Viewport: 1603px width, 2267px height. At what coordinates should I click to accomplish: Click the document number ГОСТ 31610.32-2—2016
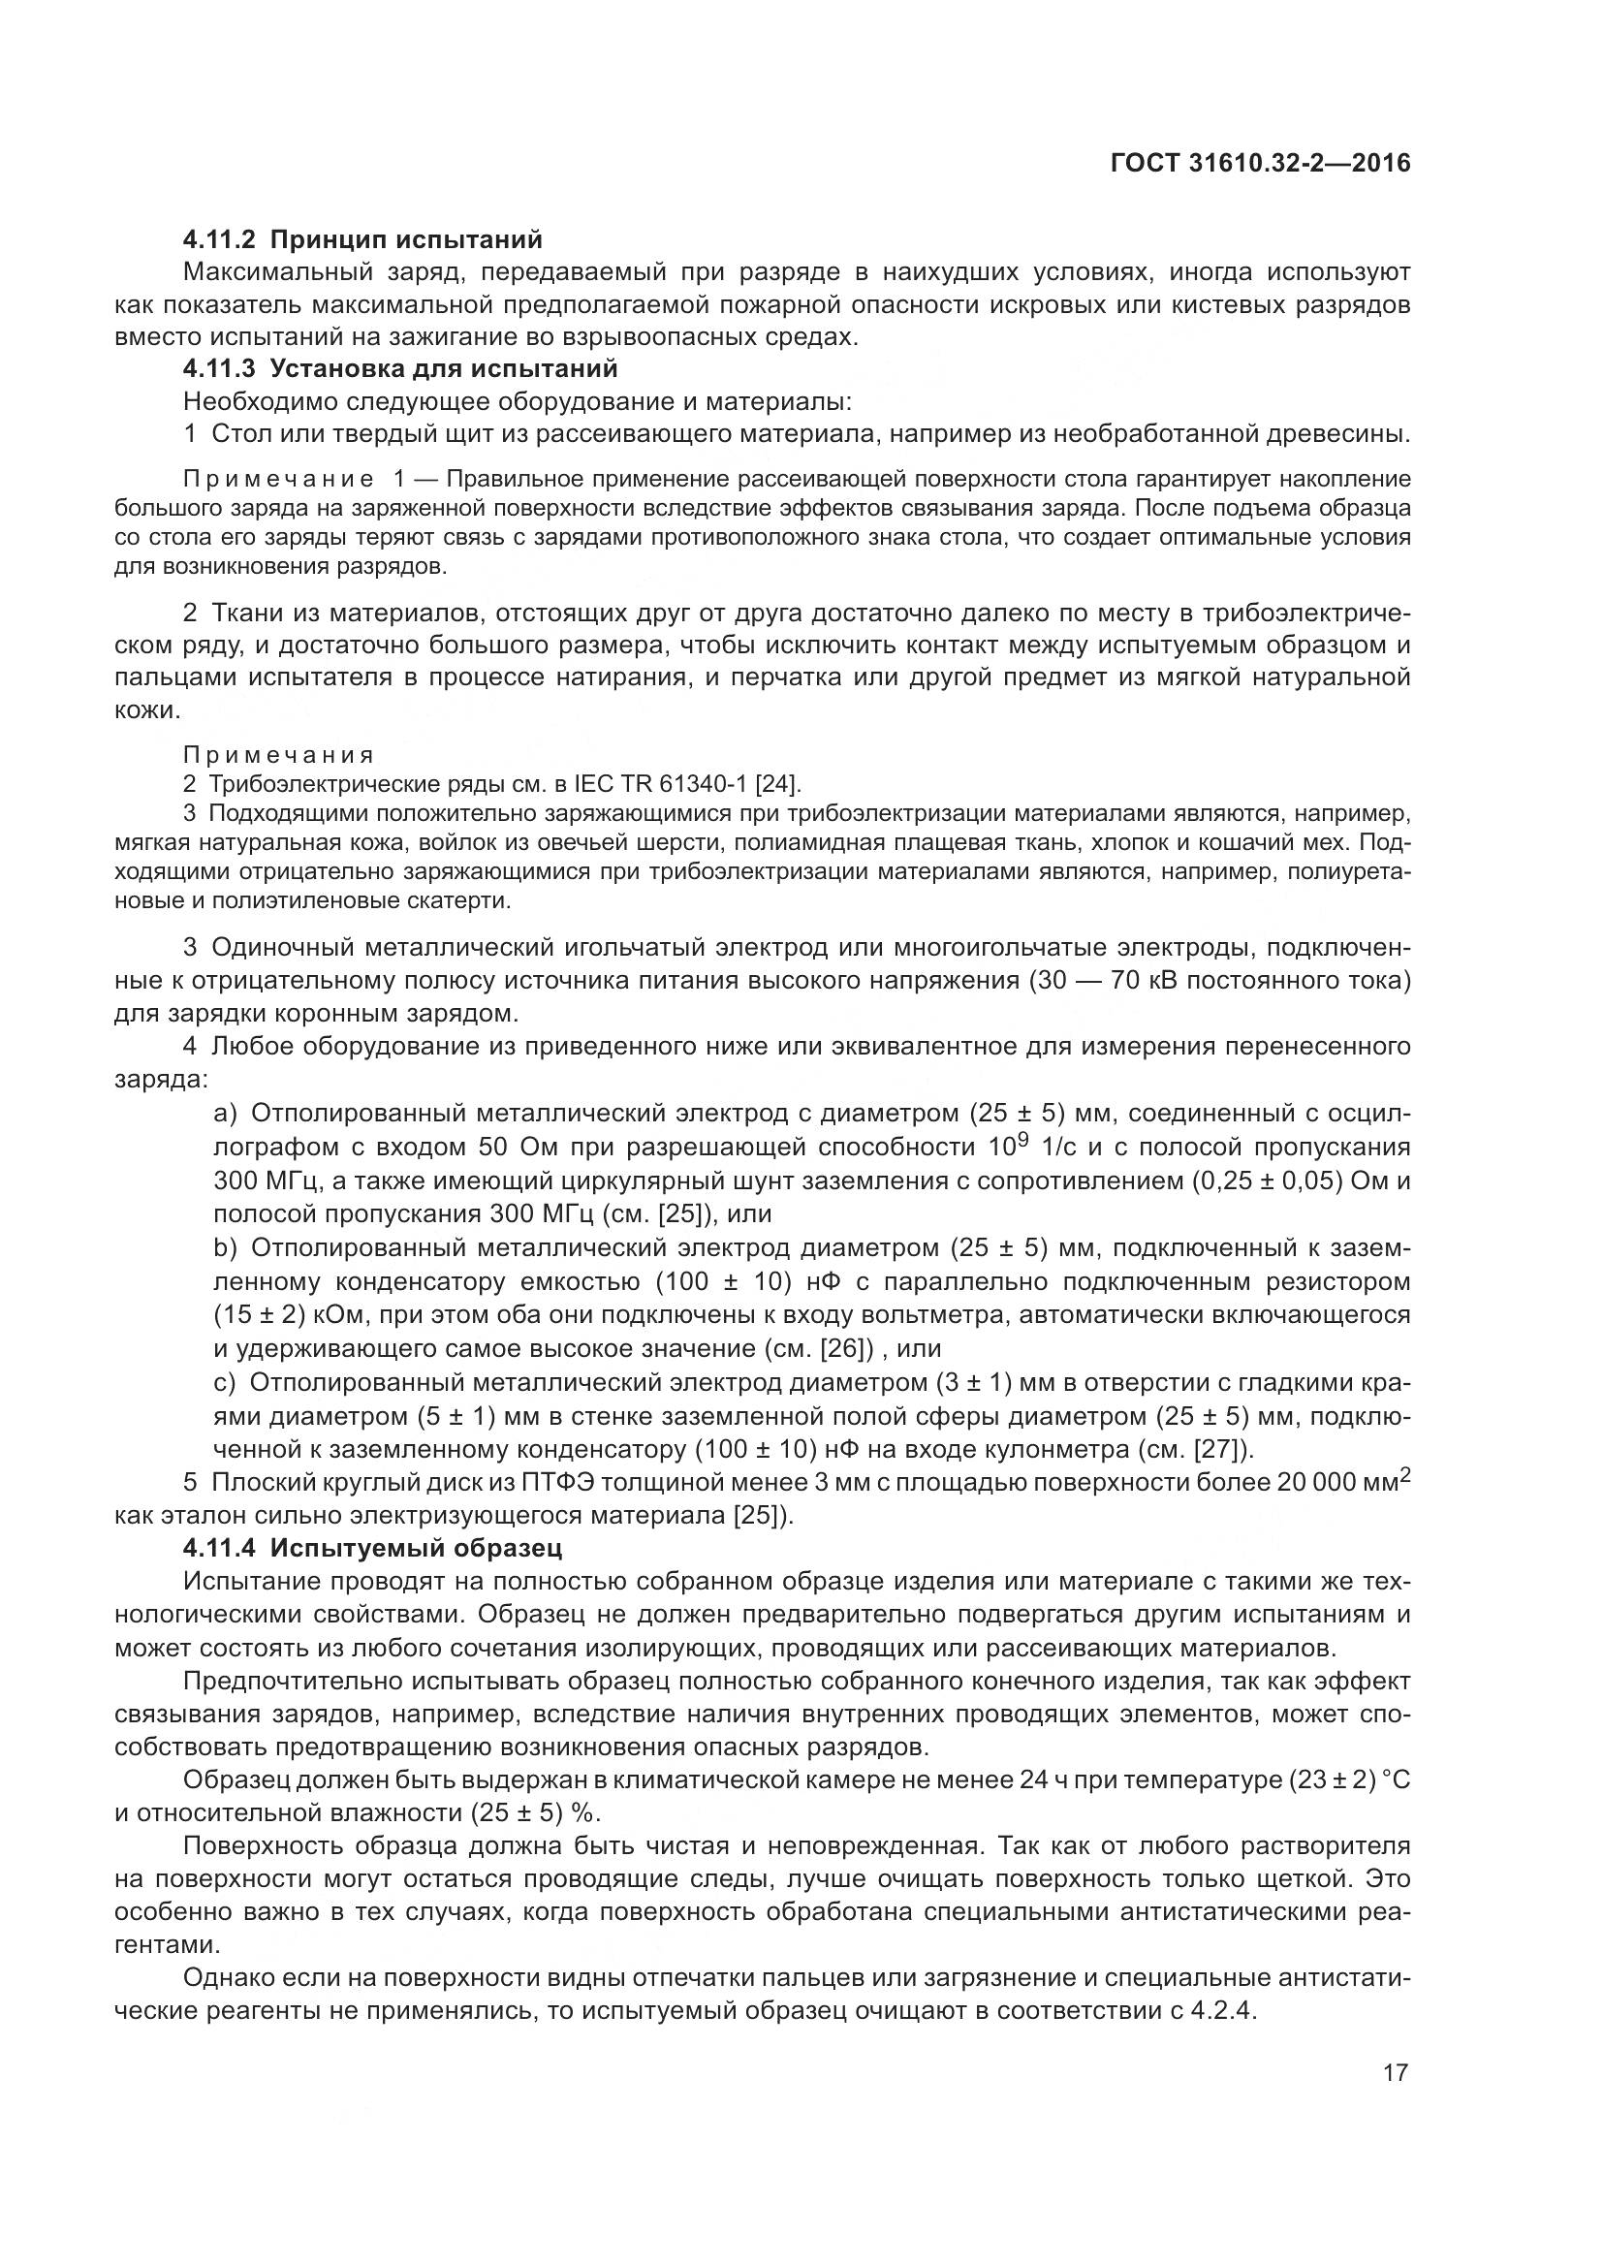pyautogui.click(x=1260, y=164)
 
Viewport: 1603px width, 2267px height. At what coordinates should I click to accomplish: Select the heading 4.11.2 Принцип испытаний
pyautogui.click(x=362, y=240)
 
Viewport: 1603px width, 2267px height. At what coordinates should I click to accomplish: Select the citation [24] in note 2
pyautogui.click(x=785, y=784)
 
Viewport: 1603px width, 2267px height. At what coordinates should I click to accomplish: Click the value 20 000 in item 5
pyautogui.click(x=1325, y=1483)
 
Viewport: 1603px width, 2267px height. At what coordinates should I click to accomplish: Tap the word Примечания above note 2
pyautogui.click(x=278, y=755)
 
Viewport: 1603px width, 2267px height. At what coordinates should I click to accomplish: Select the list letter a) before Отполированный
pyautogui.click(x=226, y=1114)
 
